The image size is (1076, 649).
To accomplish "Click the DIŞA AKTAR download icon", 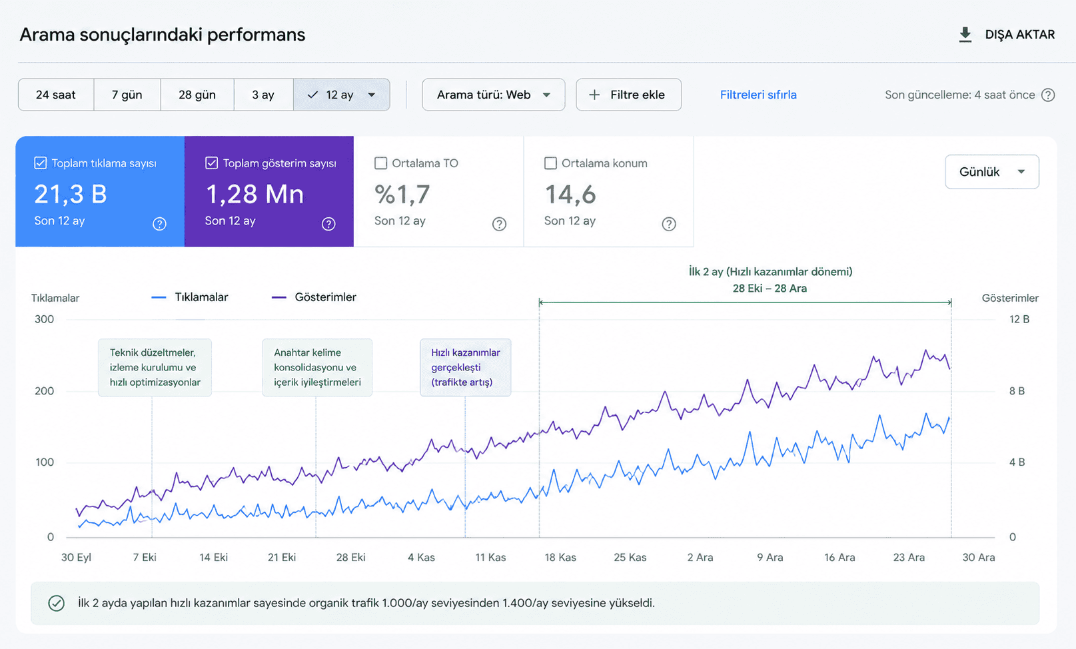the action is tap(965, 35).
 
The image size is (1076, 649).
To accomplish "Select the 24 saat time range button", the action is tap(56, 95).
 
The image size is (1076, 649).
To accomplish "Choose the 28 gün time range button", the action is tap(197, 95).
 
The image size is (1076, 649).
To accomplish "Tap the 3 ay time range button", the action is tap(263, 95).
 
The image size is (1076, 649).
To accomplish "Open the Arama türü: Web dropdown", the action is tap(493, 95).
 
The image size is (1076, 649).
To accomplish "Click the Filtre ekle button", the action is tap(628, 95).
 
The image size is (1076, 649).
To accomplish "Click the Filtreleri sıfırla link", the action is tap(758, 95).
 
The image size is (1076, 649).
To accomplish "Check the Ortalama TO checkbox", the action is tap(380, 163).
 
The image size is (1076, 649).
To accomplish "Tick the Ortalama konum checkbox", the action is tap(550, 163).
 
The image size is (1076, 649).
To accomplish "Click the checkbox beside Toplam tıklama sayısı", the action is tap(41, 163).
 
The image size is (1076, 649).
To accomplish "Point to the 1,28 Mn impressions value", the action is tap(255, 194).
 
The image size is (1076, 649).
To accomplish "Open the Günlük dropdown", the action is tap(992, 171).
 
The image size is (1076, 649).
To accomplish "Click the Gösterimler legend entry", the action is tap(314, 297).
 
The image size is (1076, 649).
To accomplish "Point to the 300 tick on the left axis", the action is tap(44, 319).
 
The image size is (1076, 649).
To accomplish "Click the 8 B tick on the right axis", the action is tap(1017, 391).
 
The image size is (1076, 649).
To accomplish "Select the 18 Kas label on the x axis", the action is tap(560, 557).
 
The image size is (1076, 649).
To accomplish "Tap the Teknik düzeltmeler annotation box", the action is tap(155, 368).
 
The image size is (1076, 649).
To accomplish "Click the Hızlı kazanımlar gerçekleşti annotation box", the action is tap(466, 368).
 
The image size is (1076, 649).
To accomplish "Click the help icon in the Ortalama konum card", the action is tap(669, 224).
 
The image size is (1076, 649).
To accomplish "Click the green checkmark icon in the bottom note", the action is tap(56, 604).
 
